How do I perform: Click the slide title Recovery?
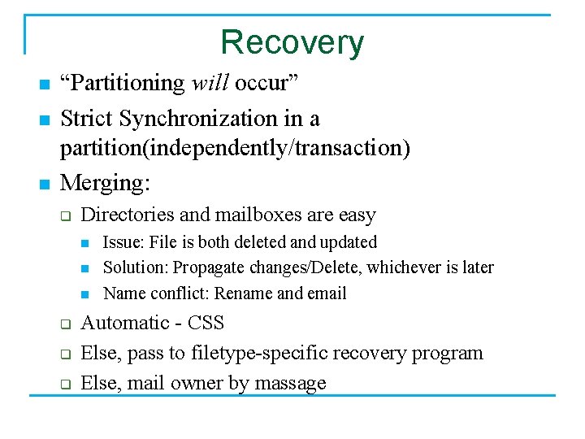tap(292, 42)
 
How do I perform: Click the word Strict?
tap(87, 119)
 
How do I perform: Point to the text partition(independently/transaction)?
tap(235, 150)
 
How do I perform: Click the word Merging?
tap(105, 183)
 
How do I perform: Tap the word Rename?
tap(243, 293)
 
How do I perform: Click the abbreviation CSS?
tap(206, 323)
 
